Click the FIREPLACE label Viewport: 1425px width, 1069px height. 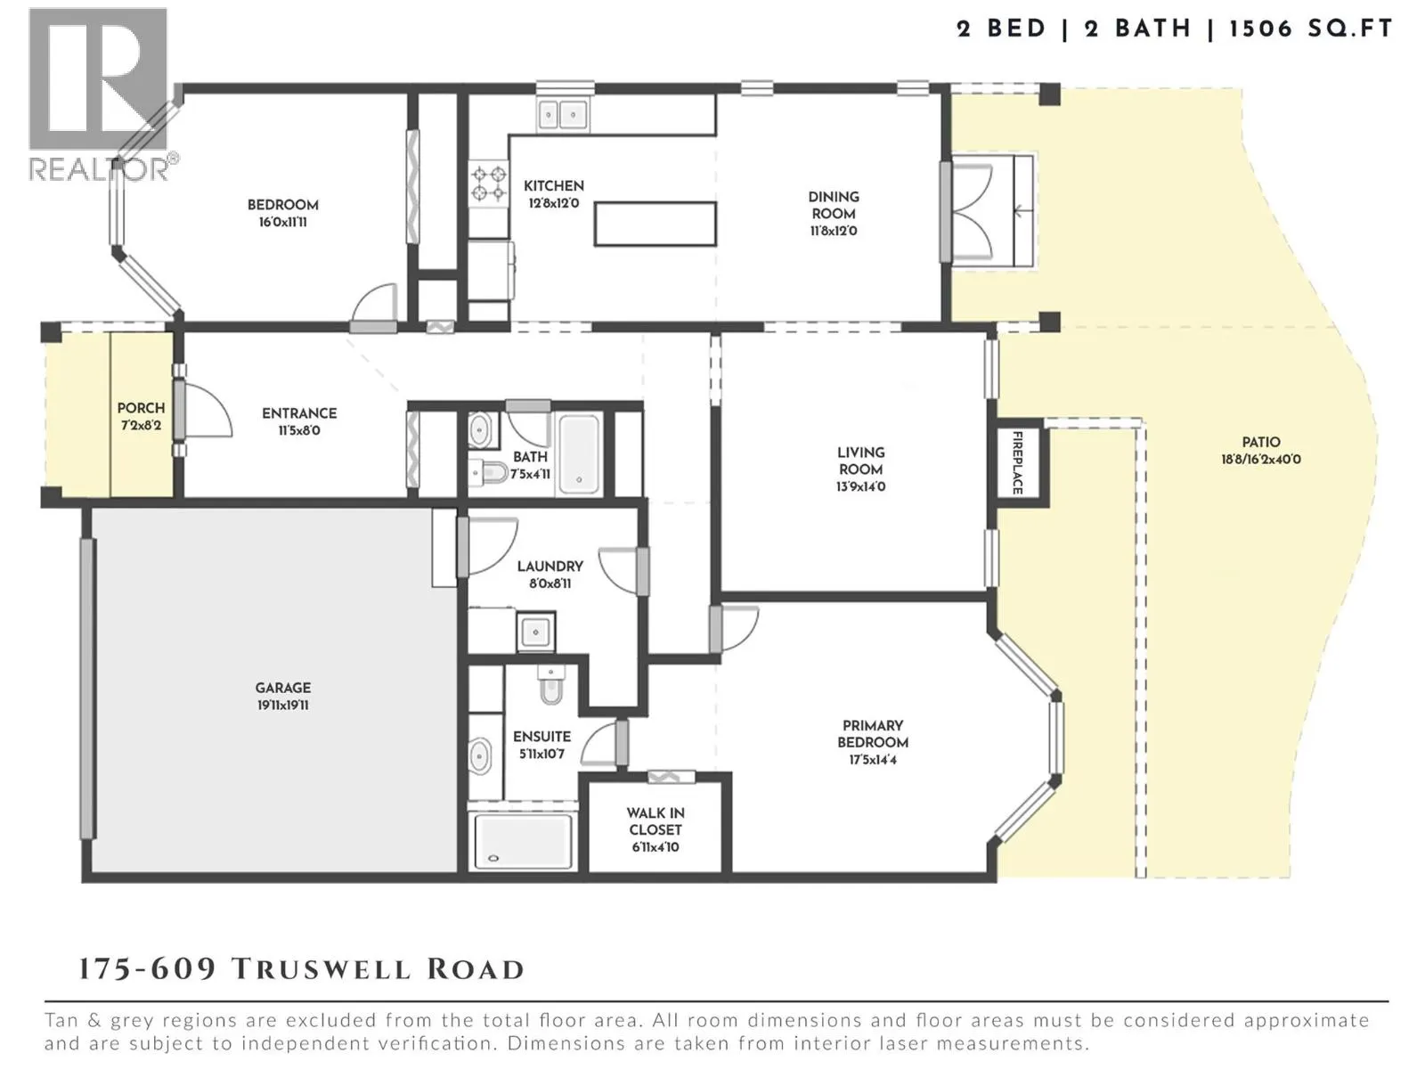(1017, 462)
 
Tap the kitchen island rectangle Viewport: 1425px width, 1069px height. (655, 224)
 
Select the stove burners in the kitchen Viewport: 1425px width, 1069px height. (488, 183)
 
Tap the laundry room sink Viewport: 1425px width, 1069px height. (535, 632)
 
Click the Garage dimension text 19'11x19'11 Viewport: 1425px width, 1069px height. (283, 706)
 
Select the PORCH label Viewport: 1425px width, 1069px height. (141, 408)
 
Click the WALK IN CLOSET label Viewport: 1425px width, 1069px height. (655, 821)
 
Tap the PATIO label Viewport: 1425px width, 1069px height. (1261, 442)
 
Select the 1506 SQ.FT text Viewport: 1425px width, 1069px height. (1310, 29)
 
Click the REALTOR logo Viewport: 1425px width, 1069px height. (100, 94)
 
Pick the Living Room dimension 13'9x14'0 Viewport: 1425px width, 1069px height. (860, 487)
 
